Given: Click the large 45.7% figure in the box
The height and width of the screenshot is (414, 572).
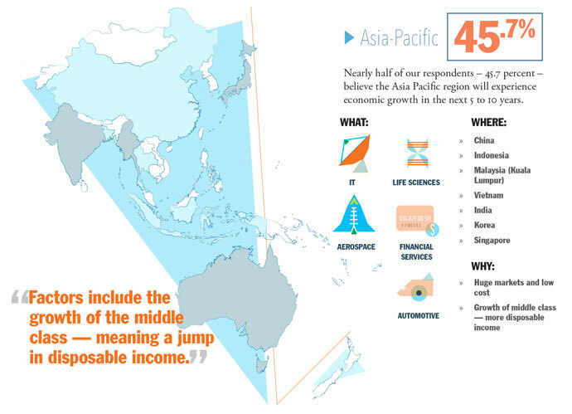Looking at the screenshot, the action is (x=495, y=37).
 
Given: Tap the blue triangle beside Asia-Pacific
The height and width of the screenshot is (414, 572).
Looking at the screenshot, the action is (x=349, y=37).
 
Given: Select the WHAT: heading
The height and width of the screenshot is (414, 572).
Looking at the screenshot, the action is (x=354, y=122).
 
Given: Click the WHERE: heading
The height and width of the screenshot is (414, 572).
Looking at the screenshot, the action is (x=489, y=122).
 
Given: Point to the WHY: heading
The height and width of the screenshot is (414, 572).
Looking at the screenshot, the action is (x=482, y=266).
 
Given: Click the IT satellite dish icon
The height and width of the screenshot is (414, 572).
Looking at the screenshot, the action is (x=355, y=153).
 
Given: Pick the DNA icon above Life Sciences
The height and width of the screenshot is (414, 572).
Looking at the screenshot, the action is (x=417, y=153).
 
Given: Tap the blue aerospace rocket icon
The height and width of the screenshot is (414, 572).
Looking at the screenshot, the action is (x=354, y=215).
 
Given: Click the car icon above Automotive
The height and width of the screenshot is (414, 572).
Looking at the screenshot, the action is (x=416, y=288).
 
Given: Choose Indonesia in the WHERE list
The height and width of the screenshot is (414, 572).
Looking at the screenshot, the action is (x=491, y=155).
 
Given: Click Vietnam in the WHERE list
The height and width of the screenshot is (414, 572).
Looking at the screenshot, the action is (x=488, y=195).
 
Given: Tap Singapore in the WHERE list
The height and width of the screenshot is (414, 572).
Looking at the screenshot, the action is (x=492, y=241).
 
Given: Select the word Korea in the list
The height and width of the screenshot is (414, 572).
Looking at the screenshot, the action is (x=484, y=225).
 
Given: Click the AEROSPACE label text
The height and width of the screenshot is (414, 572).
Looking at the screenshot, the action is (x=356, y=246).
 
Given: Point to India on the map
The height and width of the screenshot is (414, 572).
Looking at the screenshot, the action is (x=76, y=143).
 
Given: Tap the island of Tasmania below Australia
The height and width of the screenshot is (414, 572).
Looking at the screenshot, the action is (x=261, y=365).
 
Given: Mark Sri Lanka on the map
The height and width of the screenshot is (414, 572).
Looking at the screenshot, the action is (x=84, y=186).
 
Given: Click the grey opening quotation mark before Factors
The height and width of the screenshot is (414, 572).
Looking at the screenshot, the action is (x=20, y=297).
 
